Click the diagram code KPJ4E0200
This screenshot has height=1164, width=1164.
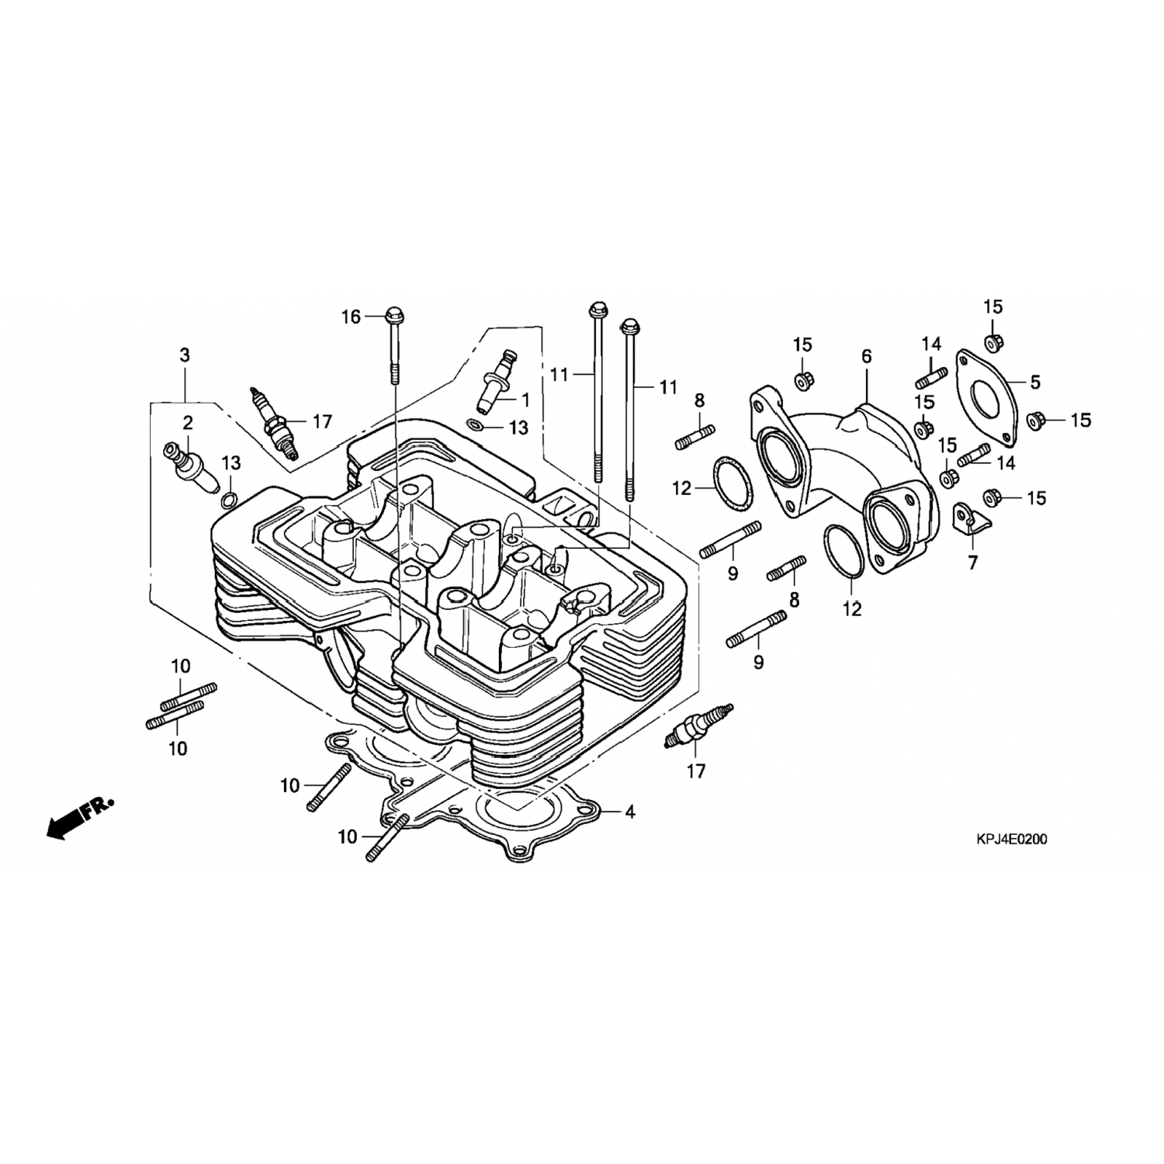coord(1011,839)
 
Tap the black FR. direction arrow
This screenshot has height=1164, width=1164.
coord(76,816)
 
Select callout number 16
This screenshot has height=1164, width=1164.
coord(352,317)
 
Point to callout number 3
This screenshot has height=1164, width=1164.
coord(184,355)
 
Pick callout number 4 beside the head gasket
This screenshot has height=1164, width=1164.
coord(630,812)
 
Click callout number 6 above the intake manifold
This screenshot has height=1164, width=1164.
coord(866,356)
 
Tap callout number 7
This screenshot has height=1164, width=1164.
coord(972,563)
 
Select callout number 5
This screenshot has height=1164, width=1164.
coord(1034,382)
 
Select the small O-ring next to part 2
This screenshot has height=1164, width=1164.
coord(228,499)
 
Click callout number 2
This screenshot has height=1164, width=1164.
coord(187,423)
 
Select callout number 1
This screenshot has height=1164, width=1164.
coord(525,400)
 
